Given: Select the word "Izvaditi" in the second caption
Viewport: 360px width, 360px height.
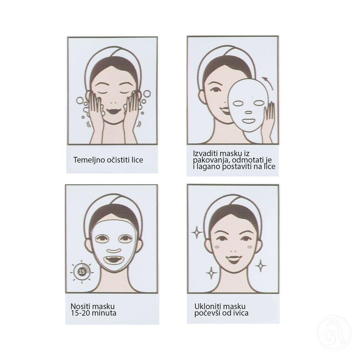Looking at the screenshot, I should (x=205, y=154).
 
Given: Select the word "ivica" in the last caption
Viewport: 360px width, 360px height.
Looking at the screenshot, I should (x=240, y=313).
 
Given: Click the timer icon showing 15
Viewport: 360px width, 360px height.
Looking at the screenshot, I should (x=82, y=271).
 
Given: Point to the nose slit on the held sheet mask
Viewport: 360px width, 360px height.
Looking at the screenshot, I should (x=248, y=113).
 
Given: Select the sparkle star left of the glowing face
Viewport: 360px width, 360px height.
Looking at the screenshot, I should (x=196, y=232).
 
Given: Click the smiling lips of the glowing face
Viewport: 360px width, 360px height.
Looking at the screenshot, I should (x=233, y=260).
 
